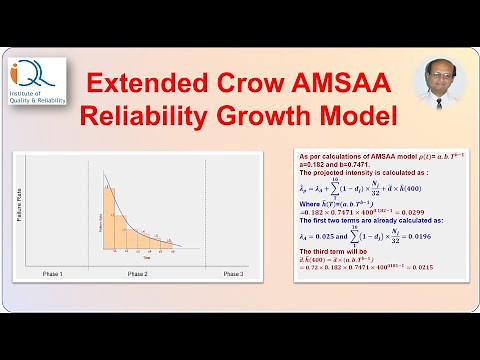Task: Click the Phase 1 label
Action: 52,273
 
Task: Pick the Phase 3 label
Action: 232,273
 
